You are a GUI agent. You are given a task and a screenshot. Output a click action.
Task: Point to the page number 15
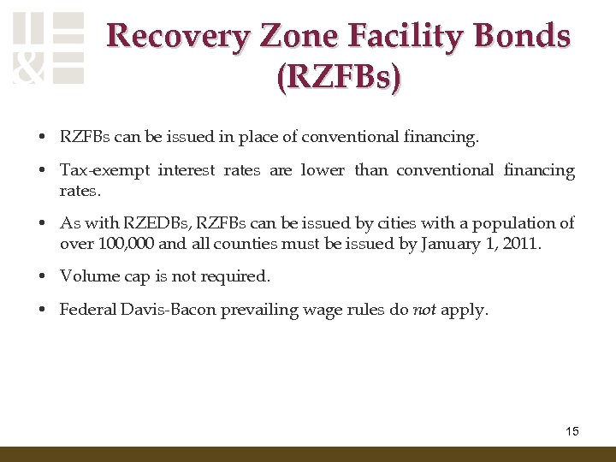572,431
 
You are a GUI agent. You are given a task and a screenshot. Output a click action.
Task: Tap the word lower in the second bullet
323,170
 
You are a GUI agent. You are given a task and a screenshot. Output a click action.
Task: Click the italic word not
424,309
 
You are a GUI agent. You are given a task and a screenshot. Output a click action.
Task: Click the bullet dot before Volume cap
41,276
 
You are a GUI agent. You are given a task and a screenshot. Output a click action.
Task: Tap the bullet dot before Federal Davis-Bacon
41,310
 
